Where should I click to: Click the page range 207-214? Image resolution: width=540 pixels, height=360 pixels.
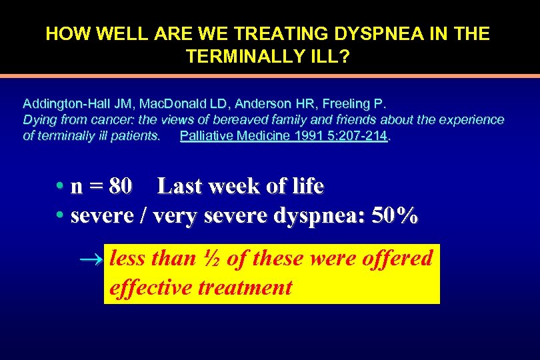coord(363,136)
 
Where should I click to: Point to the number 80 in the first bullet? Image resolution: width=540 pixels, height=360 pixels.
coord(120,187)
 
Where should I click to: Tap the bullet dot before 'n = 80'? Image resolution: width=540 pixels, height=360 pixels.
coord(60,187)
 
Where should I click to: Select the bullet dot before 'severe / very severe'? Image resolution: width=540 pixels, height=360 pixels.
coord(60,216)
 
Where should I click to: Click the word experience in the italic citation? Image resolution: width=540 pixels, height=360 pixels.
coord(471,120)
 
